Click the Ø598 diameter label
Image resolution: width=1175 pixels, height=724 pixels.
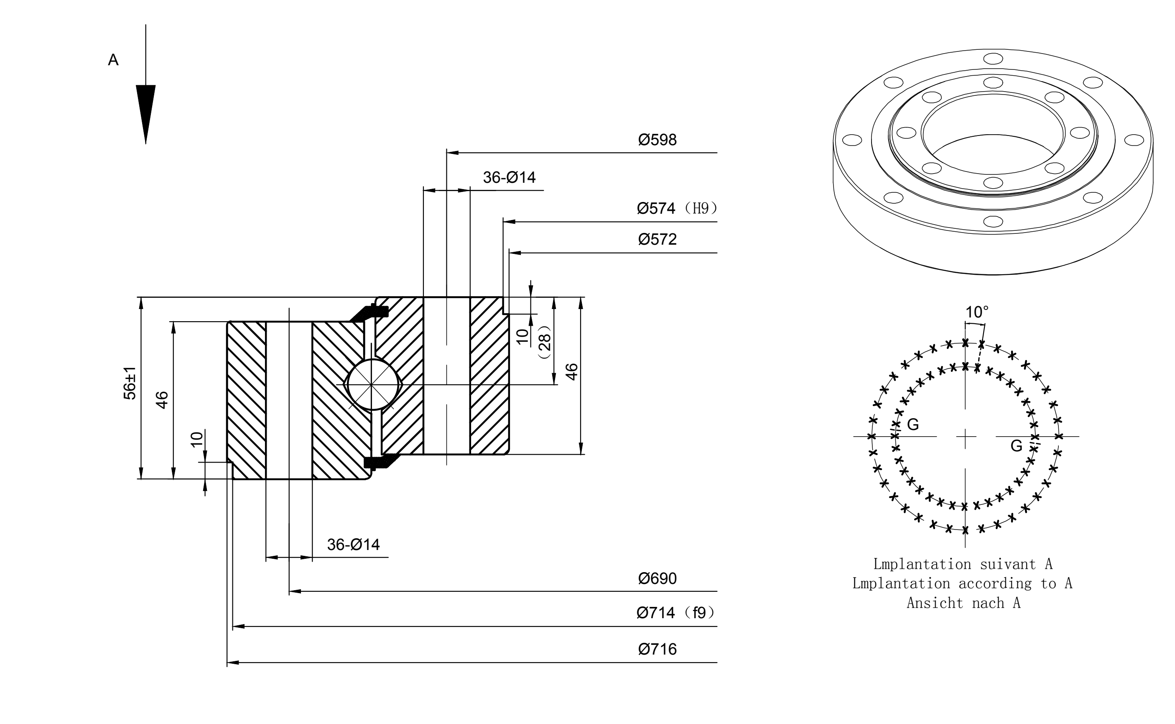658,140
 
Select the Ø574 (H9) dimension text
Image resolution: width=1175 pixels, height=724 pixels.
678,208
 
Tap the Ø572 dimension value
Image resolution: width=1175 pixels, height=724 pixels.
658,239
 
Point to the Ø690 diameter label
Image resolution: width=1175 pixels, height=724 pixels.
658,578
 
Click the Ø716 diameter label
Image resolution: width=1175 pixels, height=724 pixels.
658,649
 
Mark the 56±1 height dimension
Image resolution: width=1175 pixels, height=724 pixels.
130,383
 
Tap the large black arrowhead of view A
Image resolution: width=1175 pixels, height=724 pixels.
146,114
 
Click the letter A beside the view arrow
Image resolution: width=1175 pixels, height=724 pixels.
113,60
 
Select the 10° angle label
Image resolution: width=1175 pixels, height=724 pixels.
976,312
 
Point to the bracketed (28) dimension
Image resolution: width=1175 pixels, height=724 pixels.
545,343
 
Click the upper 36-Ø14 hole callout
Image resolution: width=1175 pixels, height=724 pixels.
509,178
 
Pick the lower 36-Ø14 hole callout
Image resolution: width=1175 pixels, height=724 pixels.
354,545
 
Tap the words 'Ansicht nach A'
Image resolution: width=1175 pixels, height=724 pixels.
963,603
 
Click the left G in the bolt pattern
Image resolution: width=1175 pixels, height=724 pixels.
913,424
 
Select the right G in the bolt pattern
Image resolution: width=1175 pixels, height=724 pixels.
1016,446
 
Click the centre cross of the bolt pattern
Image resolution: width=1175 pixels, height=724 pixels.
966,437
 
